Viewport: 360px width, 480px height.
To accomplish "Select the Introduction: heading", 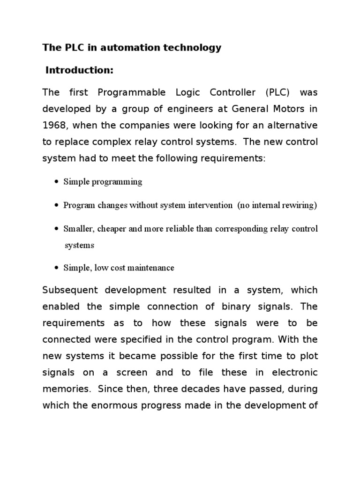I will pyautogui.click(x=80, y=70).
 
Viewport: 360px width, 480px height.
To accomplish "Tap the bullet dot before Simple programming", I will pyautogui.click(x=57, y=182).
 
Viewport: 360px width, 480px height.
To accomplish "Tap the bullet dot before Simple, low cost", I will pyautogui.click(x=57, y=268).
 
